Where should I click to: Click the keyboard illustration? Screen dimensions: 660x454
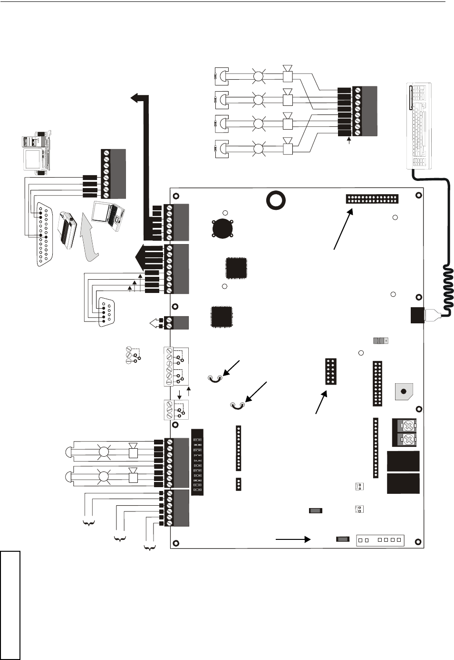pos(419,125)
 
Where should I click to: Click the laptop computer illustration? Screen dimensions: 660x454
pos(108,216)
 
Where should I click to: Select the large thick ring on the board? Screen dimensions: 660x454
pos(276,200)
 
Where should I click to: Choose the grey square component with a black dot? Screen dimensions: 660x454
pos(404,392)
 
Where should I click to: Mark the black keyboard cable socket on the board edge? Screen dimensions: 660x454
pos(417,315)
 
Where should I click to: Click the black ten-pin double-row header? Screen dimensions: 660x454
pos(331,371)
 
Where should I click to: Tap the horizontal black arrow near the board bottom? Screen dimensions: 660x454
pos(293,539)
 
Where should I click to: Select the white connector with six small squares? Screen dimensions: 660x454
pos(380,540)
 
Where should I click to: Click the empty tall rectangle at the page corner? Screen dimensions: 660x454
pos(10,605)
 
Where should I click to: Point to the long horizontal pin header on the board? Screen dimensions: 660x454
pos(372,198)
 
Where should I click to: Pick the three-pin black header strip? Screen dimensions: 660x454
pos(238,484)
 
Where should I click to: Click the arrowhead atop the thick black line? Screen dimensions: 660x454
pos(137,98)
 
